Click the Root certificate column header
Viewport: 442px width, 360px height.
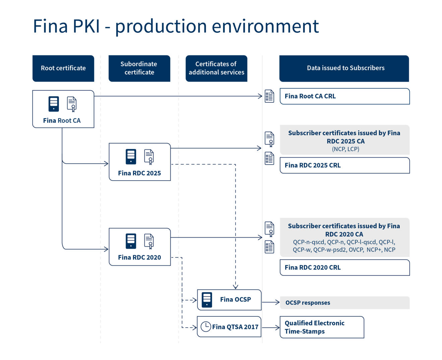pyautogui.click(x=63, y=68)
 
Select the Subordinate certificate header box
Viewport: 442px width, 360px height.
pyautogui.click(x=139, y=68)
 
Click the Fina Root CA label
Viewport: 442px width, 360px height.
pyautogui.click(x=62, y=121)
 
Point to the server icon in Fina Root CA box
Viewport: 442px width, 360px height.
pyautogui.click(x=54, y=104)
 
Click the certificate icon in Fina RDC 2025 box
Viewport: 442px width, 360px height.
pyautogui.click(x=149, y=157)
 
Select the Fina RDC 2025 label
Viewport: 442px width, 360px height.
pyautogui.click(x=139, y=173)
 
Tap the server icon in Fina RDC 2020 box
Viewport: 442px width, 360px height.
pyautogui.click(x=131, y=241)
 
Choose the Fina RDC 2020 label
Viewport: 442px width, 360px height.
pyautogui.click(x=139, y=257)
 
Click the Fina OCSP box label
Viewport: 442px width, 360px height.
pyautogui.click(x=235, y=300)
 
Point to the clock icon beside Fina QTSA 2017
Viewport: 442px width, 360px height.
pyautogui.click(x=206, y=326)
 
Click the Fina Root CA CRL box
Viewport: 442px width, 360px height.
pyautogui.click(x=344, y=96)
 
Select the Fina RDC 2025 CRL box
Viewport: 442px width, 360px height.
pyautogui.click(x=344, y=165)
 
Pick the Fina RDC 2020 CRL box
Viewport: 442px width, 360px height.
pyautogui.click(x=344, y=267)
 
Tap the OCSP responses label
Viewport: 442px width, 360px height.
pyautogui.click(x=308, y=303)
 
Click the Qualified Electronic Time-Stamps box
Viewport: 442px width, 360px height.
pyautogui.click(x=322, y=327)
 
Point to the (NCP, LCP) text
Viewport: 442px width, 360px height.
pyautogui.click(x=345, y=149)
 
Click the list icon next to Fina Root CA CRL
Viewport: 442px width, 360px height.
pyautogui.click(x=269, y=96)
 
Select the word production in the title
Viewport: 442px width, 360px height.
pyautogui.click(x=161, y=26)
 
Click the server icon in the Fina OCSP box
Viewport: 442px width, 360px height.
pyautogui.click(x=207, y=300)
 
